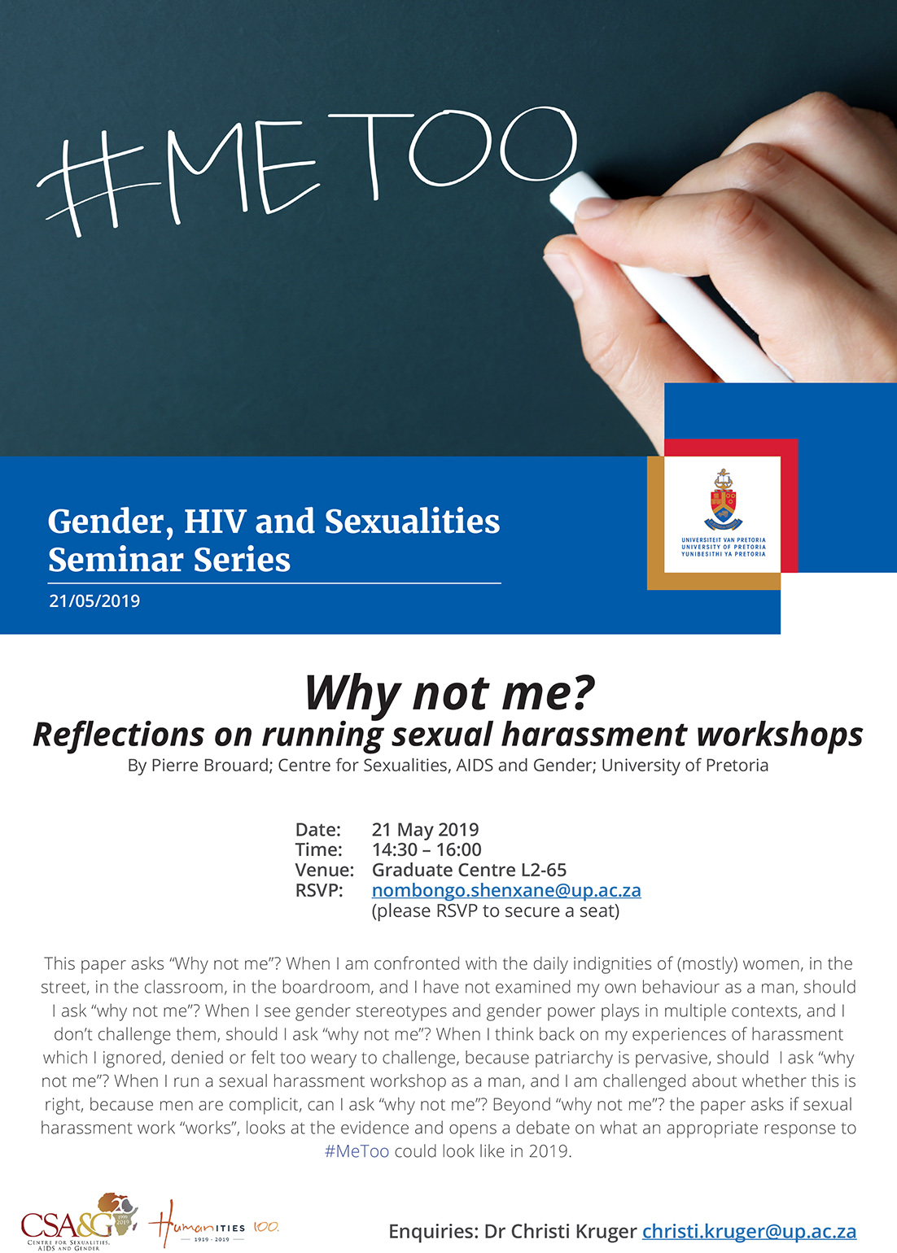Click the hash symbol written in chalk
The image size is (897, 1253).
tap(95, 187)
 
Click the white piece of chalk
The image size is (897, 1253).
tap(666, 274)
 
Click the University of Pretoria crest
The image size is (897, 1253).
tap(723, 500)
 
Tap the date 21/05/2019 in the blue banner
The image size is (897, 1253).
tap(94, 600)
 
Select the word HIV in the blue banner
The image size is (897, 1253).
tap(216, 522)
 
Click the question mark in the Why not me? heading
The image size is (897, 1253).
tap(582, 692)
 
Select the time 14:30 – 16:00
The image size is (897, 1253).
tap(427, 849)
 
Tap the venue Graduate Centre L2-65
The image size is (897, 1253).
tap(469, 870)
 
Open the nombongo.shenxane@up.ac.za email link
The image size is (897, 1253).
tap(506, 890)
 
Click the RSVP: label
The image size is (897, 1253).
tap(319, 890)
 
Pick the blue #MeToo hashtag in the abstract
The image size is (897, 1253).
tap(357, 1151)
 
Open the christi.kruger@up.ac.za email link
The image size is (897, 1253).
tap(750, 1231)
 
